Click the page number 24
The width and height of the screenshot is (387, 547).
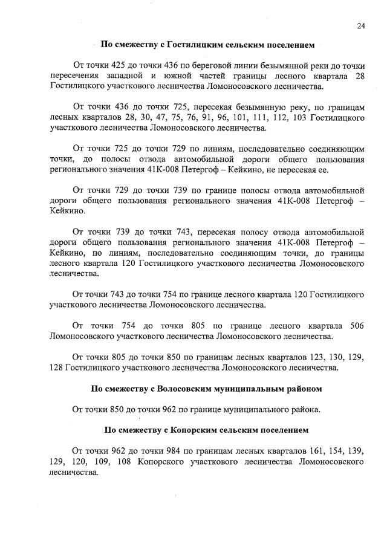pyautogui.click(x=360, y=25)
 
